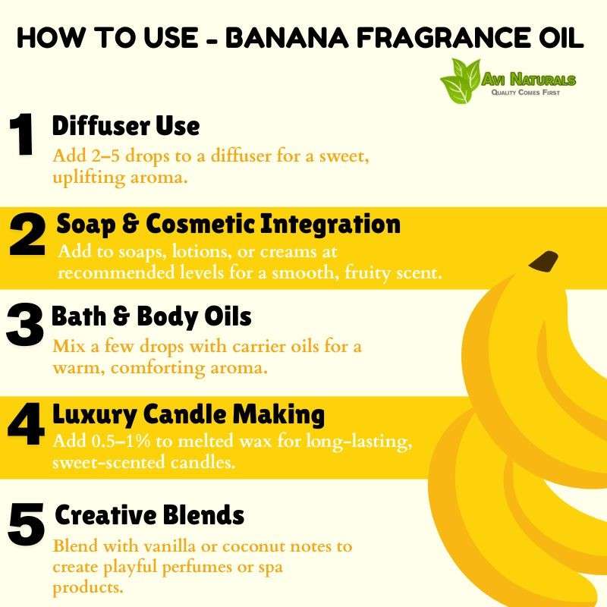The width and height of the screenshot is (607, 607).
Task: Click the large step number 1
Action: (x=22, y=135)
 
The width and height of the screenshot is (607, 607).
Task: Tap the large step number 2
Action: (x=27, y=234)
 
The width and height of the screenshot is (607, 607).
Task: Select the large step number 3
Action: (x=25, y=325)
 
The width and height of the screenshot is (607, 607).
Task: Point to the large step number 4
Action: (x=26, y=424)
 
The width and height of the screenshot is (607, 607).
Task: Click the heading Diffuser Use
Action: (x=126, y=126)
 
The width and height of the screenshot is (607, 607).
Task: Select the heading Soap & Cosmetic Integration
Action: (x=228, y=225)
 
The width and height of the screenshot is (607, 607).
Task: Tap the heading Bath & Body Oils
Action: (x=151, y=316)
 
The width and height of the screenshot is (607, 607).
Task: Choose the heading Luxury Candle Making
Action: (x=188, y=414)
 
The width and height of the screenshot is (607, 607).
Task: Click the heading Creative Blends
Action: (x=149, y=515)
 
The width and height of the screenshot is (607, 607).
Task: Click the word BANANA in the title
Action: (x=287, y=38)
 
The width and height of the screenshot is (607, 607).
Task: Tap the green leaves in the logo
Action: (x=461, y=80)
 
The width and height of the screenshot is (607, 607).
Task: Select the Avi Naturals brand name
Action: (x=529, y=80)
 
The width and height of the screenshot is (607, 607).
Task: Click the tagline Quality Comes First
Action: (x=526, y=93)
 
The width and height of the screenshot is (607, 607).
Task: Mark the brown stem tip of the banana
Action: (x=543, y=261)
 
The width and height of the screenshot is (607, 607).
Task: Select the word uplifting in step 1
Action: (x=89, y=178)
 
